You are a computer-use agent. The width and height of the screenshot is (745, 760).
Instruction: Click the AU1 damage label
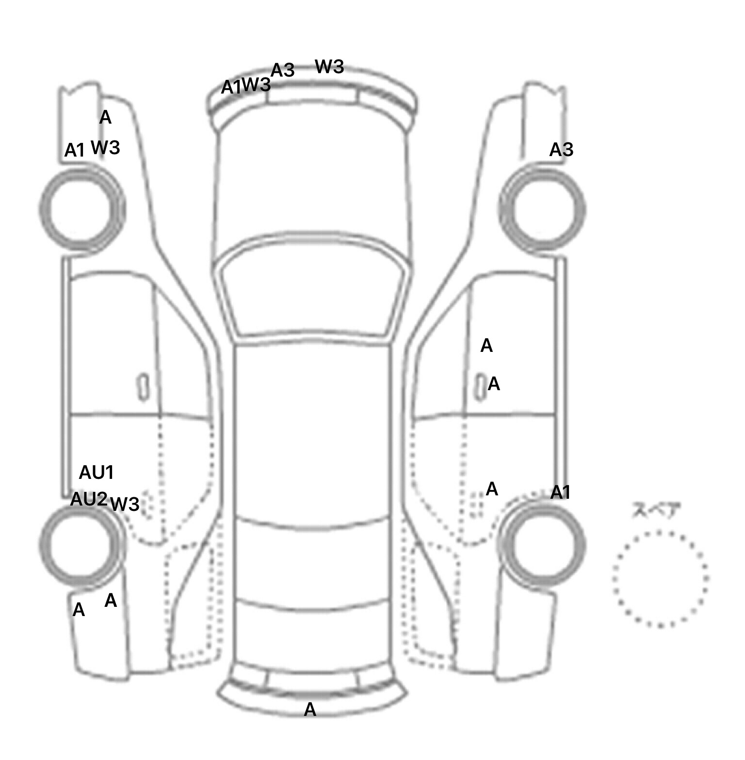tap(96, 472)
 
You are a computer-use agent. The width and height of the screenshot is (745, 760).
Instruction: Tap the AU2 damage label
tap(88, 499)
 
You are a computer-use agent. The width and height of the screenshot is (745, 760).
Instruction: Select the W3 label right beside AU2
tap(125, 504)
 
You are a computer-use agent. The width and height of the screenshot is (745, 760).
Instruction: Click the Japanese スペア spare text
tap(656, 510)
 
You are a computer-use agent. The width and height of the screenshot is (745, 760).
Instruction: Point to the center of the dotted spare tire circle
tap(660, 578)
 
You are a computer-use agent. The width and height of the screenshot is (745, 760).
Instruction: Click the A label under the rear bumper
tap(310, 710)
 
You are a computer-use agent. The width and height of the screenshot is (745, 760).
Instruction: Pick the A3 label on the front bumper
tap(283, 70)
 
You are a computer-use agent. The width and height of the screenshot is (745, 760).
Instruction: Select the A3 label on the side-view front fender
tap(561, 150)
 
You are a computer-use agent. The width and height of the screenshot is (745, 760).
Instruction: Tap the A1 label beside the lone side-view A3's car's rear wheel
tap(560, 492)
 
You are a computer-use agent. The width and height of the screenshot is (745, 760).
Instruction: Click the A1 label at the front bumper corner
tap(230, 87)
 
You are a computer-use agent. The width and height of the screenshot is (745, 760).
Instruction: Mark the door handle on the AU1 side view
tap(143, 387)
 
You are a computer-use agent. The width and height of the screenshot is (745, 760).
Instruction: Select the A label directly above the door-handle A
tap(486, 346)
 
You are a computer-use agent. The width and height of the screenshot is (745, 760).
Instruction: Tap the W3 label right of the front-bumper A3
tap(329, 66)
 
